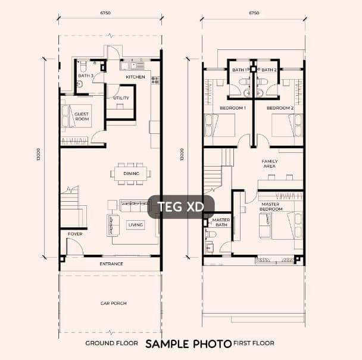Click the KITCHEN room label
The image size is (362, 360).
click(135, 77)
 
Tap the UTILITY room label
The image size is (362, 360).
click(121, 98)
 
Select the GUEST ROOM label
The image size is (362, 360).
click(82, 116)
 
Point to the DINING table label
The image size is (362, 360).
click(131, 174)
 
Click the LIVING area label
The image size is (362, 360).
click(136, 225)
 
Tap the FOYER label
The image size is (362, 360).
click(75, 234)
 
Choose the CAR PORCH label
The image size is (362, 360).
click(113, 303)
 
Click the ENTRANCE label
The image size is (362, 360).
click(111, 264)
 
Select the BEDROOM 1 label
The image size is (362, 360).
click(232, 108)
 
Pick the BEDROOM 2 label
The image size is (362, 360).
click(280, 108)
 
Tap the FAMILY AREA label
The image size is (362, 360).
click(270, 164)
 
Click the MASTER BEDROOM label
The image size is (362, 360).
click(271, 206)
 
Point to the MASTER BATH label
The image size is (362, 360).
click(221, 222)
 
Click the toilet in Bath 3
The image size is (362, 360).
click(83, 66)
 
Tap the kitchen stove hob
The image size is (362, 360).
click(155, 80)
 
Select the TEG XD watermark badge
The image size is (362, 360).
click(181, 206)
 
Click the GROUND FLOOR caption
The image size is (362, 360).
click(112, 343)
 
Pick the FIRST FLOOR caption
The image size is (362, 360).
click(254, 343)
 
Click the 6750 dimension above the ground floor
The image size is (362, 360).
click(105, 13)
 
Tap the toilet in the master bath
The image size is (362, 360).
click(211, 234)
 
